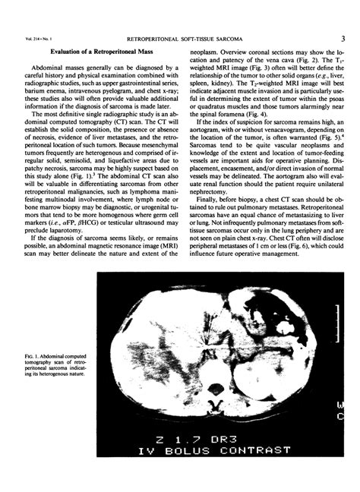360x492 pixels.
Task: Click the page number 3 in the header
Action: pyautogui.click(x=343, y=36)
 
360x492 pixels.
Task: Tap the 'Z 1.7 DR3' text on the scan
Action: pyautogui.click(x=213, y=438)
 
